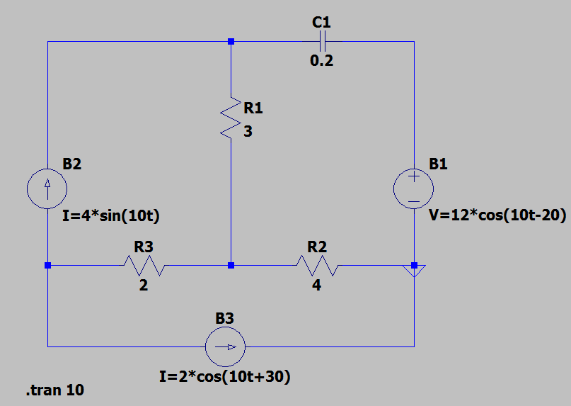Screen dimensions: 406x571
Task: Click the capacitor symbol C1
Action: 322,42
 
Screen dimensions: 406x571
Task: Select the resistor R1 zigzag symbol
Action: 231,118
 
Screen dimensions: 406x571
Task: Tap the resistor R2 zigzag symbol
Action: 317,266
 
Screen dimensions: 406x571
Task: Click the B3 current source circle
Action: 225,346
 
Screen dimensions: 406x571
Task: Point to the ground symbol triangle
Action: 415,270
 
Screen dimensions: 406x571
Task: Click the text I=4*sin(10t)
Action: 111,217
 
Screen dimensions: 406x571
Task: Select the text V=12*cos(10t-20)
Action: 497,217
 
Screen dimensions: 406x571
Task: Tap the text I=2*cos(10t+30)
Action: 225,376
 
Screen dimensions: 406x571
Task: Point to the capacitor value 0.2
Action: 321,61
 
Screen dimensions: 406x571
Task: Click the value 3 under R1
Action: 248,132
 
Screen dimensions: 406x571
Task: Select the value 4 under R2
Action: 316,286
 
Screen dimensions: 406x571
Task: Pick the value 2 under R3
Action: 144,286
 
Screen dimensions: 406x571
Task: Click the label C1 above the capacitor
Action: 321,22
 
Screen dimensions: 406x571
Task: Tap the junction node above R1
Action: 231,42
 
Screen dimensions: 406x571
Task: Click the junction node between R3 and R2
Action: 231,266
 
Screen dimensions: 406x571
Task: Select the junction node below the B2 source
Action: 47,266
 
